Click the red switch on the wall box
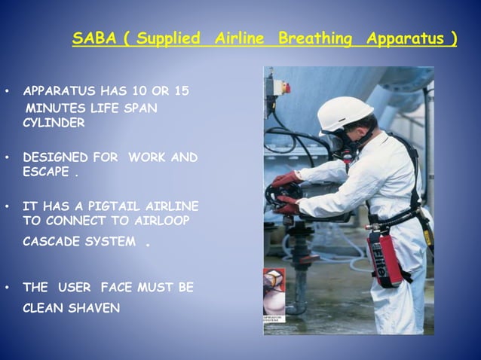tap(286, 87)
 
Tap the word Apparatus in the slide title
tap(407, 38)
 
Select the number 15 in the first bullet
tap(181, 91)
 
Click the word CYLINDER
tap(54, 124)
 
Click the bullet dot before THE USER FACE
tap(8, 288)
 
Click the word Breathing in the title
tap(315, 38)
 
